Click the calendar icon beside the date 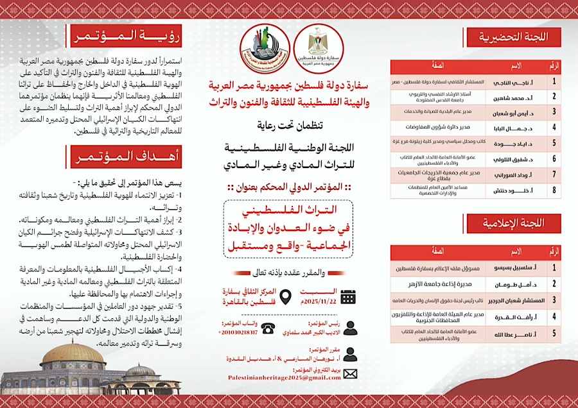tap(348, 296)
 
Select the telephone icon tap(268, 328)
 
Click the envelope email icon tap(351, 373)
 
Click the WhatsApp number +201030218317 tap(238, 332)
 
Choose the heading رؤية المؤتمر tap(125, 36)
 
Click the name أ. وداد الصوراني tap(507, 173)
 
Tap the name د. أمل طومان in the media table tap(507, 284)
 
